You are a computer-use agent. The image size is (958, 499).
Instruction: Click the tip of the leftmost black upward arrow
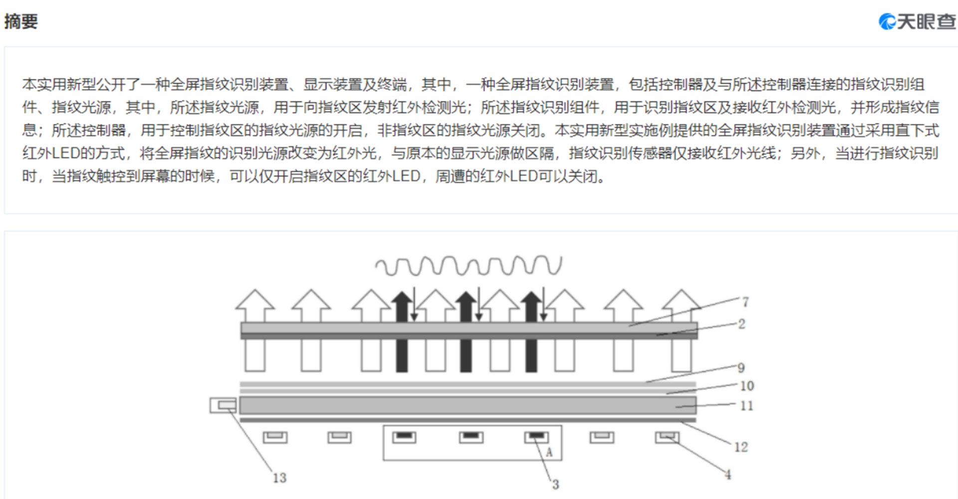(x=402, y=291)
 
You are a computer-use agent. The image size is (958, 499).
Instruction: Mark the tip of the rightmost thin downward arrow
(x=543, y=321)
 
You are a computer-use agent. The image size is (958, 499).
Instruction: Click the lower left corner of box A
(x=383, y=460)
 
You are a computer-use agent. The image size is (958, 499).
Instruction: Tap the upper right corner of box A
(x=562, y=426)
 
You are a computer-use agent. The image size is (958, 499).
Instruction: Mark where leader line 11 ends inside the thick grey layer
(x=676, y=407)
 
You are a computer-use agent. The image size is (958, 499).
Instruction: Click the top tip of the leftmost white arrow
(x=255, y=290)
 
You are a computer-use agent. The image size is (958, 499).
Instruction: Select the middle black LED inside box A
(x=471, y=437)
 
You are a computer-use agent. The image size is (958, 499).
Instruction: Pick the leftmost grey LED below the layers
(x=275, y=437)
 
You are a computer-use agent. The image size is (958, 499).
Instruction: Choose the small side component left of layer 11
(x=223, y=405)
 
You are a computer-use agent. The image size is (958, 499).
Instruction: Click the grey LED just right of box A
(x=602, y=437)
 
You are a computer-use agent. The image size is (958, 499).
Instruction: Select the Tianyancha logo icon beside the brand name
(x=887, y=21)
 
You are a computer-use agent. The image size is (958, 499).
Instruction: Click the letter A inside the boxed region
(x=549, y=452)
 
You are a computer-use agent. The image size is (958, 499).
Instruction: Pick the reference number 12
(x=741, y=447)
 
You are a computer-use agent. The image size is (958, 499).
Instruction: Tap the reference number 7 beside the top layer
(x=745, y=302)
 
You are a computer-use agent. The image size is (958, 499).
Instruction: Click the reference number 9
(x=741, y=368)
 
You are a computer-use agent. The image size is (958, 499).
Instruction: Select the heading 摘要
(x=21, y=21)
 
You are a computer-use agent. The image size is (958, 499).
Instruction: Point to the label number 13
(x=279, y=478)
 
